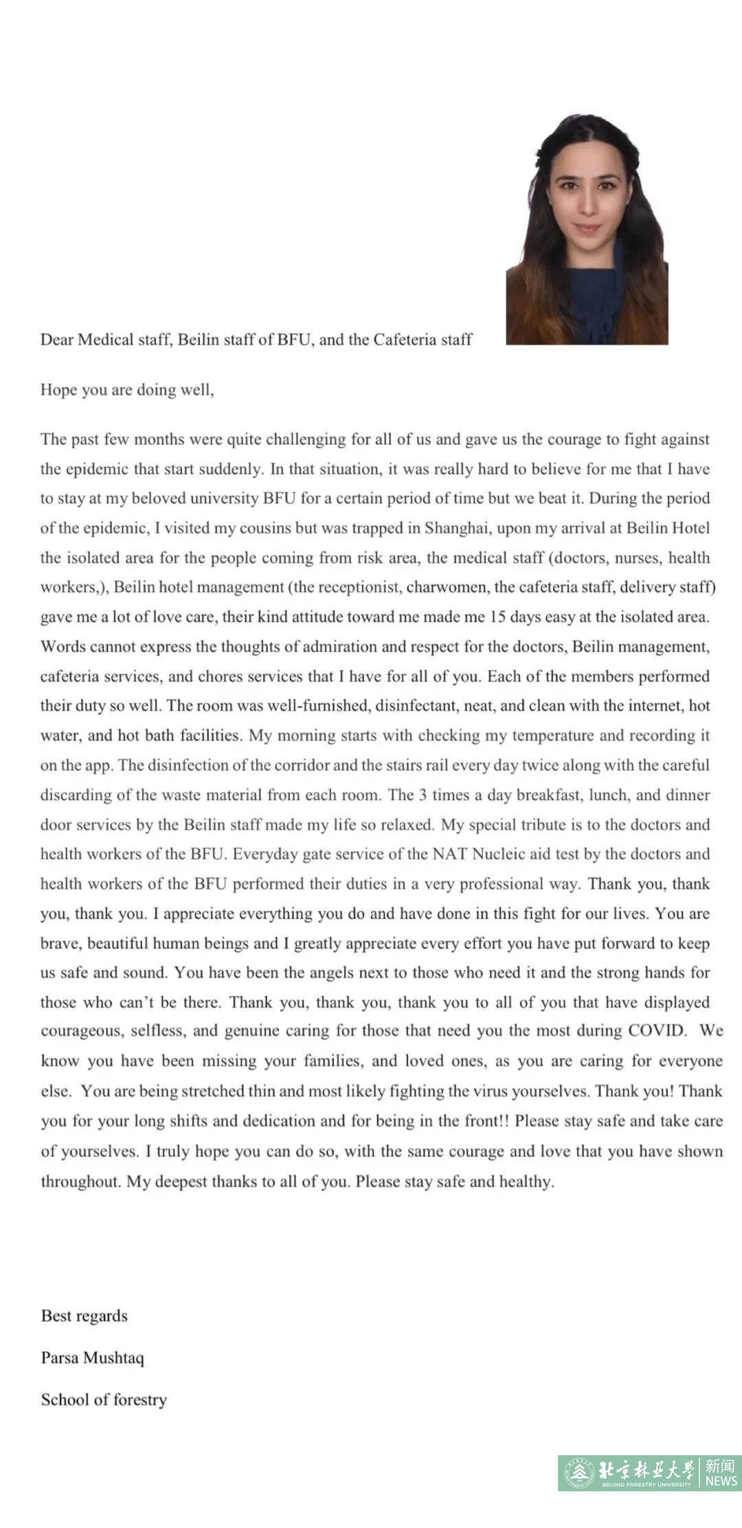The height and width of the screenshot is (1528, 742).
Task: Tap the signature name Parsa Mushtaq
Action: (92, 1358)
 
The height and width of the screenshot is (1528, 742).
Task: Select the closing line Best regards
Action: (84, 1316)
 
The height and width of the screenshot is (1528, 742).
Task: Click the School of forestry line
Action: (104, 1399)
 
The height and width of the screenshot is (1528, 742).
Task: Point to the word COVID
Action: (657, 1030)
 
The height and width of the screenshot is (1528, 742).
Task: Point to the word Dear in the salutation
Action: (56, 340)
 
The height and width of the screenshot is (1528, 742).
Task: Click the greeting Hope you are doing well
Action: (127, 390)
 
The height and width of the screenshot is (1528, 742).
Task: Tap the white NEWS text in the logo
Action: (721, 1481)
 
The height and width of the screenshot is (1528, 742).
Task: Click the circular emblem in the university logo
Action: (579, 1473)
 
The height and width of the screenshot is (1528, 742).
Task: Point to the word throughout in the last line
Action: (80, 1182)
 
